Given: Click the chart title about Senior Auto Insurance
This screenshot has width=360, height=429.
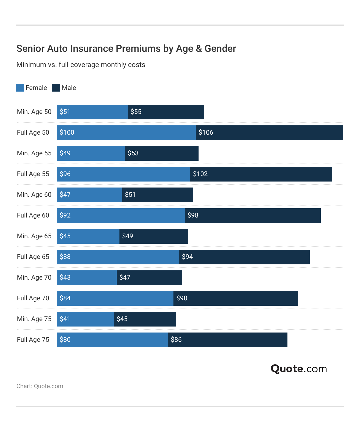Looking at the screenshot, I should (x=126, y=49).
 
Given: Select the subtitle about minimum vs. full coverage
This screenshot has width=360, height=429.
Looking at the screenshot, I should (x=81, y=65).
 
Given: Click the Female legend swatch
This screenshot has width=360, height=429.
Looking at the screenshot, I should (x=20, y=88).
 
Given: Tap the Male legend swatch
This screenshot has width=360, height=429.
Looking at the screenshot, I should (x=56, y=88).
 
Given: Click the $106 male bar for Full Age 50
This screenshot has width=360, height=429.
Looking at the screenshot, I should (x=269, y=133).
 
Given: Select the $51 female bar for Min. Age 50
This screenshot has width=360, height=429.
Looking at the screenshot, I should (x=92, y=112).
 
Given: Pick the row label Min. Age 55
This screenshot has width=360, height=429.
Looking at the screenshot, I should (x=34, y=153).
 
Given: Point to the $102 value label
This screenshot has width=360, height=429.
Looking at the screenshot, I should (x=200, y=174).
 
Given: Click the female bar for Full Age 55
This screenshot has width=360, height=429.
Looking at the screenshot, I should (x=123, y=174).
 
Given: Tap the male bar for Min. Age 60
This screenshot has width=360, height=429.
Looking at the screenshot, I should (x=157, y=195).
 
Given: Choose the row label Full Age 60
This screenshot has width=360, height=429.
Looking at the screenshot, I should (x=33, y=215).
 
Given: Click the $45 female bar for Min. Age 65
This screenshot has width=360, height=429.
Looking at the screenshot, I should (x=88, y=236).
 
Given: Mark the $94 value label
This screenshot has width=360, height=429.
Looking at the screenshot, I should (x=187, y=257).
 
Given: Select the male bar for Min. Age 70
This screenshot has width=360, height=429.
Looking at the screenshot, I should (x=149, y=278).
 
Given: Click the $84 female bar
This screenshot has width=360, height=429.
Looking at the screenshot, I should (x=115, y=298).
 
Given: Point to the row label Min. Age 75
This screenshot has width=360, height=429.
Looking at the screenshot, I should (x=34, y=319).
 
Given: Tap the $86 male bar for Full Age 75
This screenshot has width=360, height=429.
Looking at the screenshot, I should (x=227, y=340).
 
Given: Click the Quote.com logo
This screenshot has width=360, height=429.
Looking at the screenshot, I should (x=299, y=369).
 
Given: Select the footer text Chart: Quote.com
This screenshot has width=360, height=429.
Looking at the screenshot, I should (x=40, y=386).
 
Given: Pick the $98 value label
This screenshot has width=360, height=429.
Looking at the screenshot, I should (x=193, y=215).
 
